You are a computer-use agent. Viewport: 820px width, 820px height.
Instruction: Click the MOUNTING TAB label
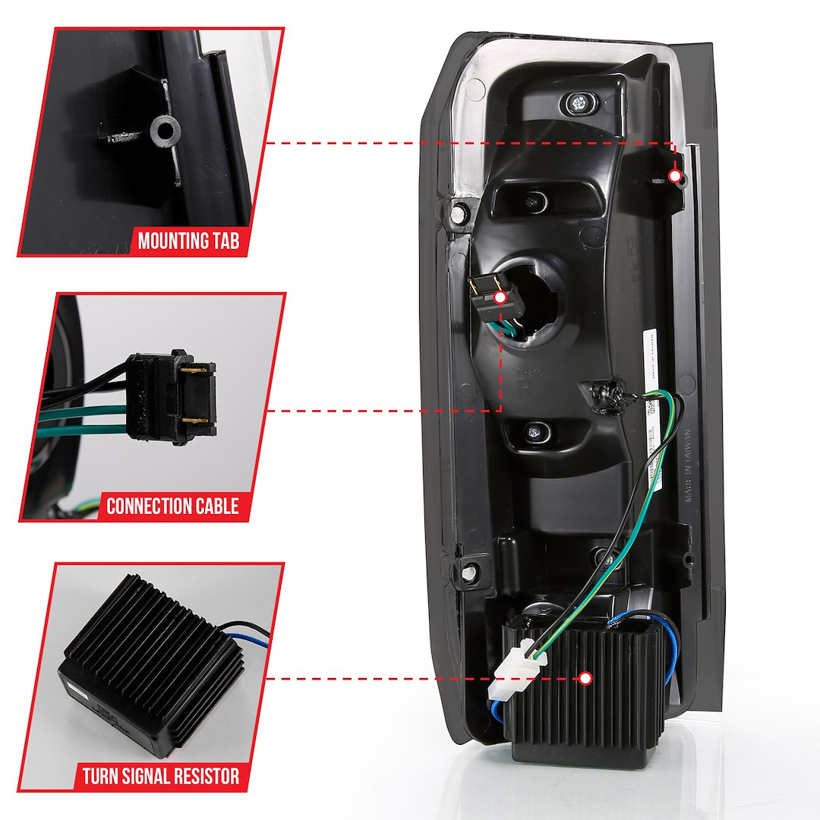tap(188, 241)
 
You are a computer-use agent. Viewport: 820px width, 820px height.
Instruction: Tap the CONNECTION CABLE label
tap(172, 506)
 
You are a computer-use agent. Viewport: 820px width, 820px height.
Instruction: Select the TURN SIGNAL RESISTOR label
tap(161, 776)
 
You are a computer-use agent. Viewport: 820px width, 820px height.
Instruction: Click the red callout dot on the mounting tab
tap(674, 176)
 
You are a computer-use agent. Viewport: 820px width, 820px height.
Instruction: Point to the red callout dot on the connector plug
tap(500, 298)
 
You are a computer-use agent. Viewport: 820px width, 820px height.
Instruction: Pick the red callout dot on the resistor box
tap(585, 678)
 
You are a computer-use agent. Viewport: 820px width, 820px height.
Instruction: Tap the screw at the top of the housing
tap(579, 102)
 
